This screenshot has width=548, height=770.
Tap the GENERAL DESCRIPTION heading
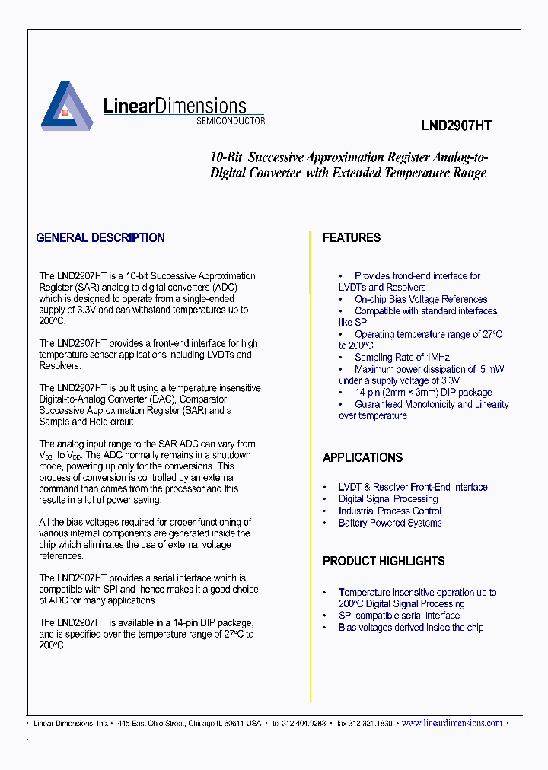click(100, 238)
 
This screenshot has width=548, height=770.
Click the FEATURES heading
click(351, 238)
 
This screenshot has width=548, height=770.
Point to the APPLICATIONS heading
click(362, 458)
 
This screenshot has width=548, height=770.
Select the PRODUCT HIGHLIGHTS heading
click(384, 562)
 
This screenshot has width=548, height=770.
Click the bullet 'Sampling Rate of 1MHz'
click(402, 358)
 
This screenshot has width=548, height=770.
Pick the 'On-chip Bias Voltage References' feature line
click(420, 300)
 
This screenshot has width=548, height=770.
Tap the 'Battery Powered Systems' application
click(390, 523)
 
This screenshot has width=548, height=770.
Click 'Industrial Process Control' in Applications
click(390, 511)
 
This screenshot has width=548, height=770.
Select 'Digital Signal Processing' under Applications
click(388, 499)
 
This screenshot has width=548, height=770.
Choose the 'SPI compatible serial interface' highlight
click(399, 616)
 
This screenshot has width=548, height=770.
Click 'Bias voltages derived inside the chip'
click(411, 628)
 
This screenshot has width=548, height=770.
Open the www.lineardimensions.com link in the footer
click(451, 724)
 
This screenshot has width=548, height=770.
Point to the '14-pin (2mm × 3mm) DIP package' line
click(423, 393)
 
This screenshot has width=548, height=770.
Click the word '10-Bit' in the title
click(226, 157)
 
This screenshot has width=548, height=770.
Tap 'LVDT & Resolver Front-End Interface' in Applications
click(413, 488)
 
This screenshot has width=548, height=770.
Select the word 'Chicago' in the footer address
click(201, 724)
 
